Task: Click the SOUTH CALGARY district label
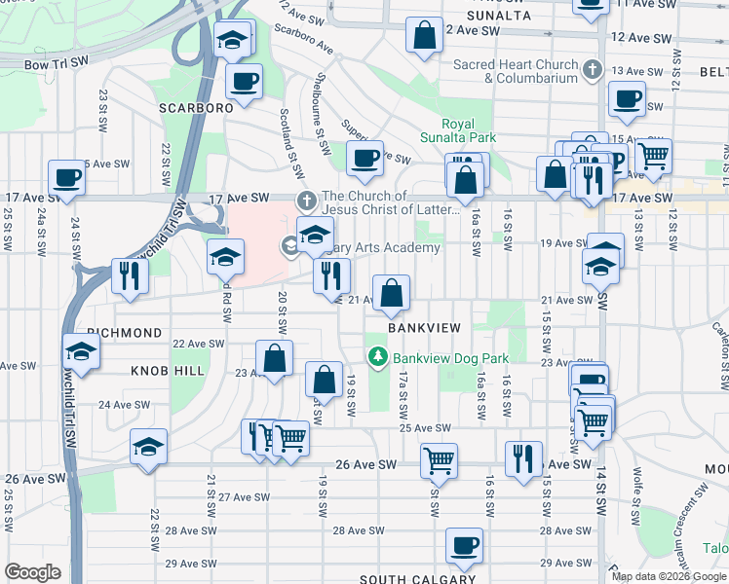417,579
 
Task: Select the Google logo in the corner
32,571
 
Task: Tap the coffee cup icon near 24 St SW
66,177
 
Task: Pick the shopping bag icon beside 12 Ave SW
425,37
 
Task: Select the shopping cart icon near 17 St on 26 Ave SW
439,460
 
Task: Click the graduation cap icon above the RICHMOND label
81,352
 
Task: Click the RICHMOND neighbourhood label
124,333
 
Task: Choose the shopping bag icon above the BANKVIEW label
391,293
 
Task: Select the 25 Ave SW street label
425,428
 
